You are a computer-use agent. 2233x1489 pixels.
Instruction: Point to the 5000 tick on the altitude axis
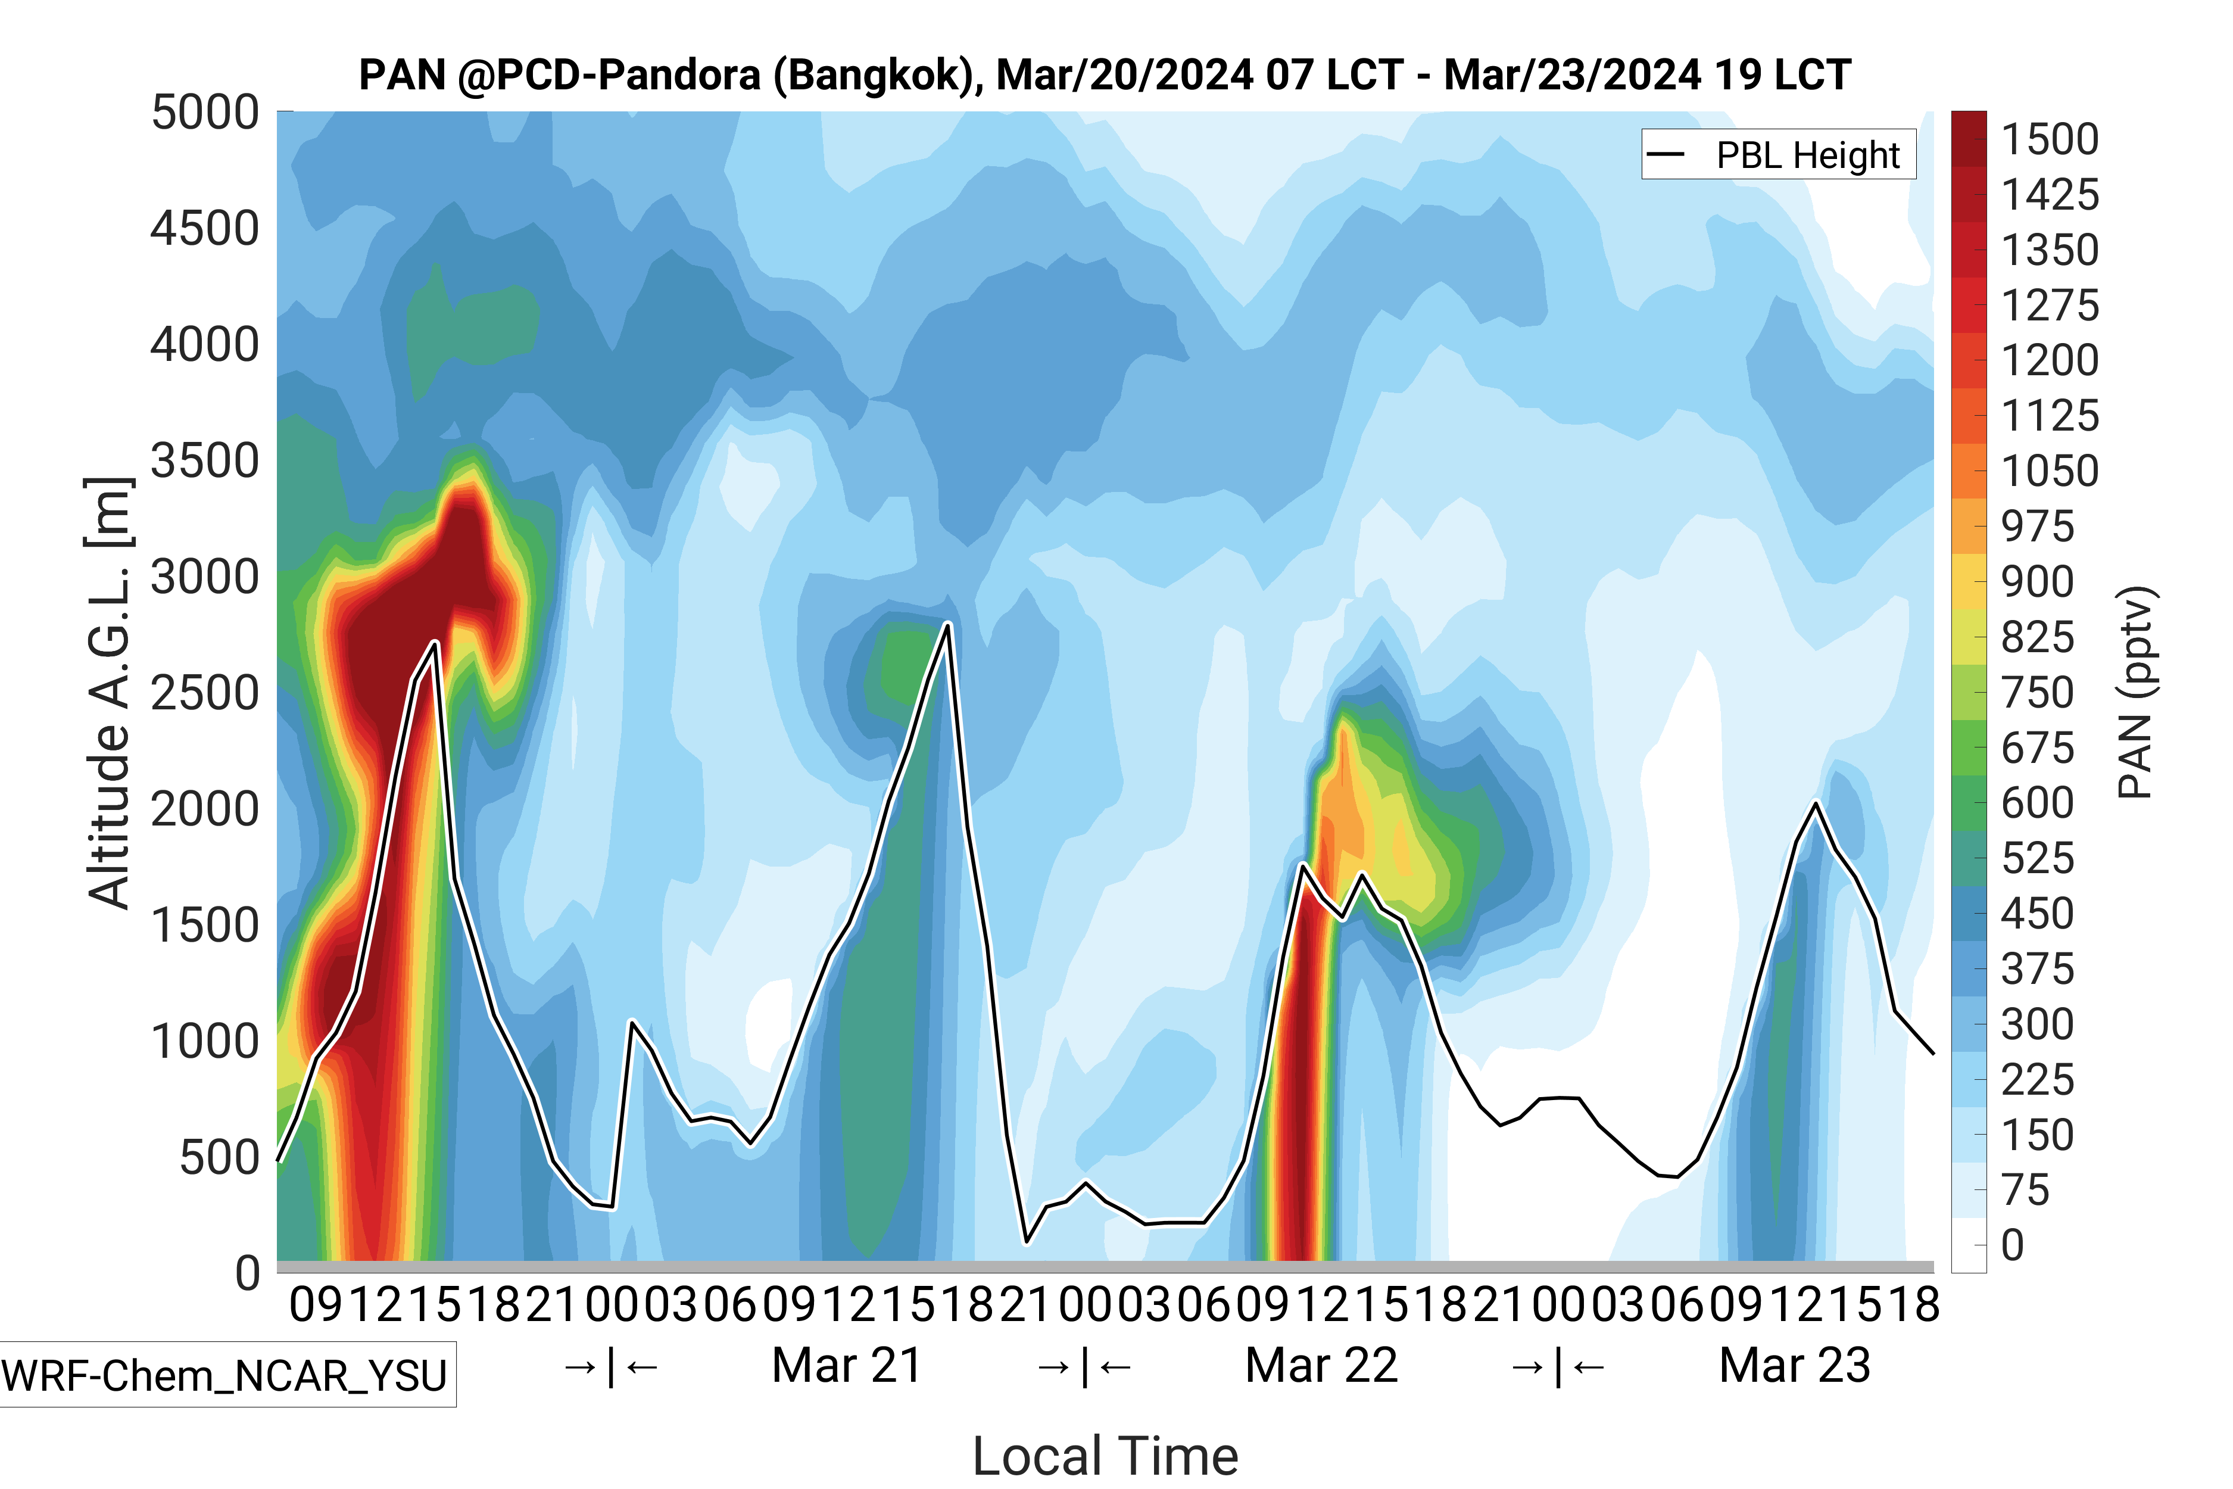pyautogui.click(x=205, y=113)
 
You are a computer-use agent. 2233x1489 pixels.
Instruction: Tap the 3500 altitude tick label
pyautogui.click(x=205, y=462)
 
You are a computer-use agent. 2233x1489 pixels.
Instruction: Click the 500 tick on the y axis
pyautogui.click(x=219, y=1158)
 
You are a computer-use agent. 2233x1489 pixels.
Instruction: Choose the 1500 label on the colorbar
pyautogui.click(x=2050, y=139)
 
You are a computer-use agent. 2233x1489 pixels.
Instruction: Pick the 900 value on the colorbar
pyautogui.click(x=2038, y=582)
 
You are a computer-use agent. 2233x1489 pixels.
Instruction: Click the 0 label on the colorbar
pyautogui.click(x=2013, y=1245)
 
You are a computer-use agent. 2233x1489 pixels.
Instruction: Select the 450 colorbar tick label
pyautogui.click(x=2038, y=914)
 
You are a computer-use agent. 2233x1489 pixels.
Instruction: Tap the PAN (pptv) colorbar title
pyautogui.click(x=2135, y=693)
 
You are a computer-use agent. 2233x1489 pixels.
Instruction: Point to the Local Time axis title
pyautogui.click(x=1105, y=1455)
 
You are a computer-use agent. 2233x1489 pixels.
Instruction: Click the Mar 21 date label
pyautogui.click(x=847, y=1366)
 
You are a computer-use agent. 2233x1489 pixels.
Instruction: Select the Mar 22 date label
pyautogui.click(x=1321, y=1366)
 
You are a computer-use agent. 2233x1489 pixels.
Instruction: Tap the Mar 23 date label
pyautogui.click(x=1794, y=1366)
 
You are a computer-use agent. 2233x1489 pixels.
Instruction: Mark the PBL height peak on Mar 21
pyautogui.click(x=947, y=624)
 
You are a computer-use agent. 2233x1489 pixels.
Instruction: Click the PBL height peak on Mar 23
pyautogui.click(x=1816, y=804)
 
